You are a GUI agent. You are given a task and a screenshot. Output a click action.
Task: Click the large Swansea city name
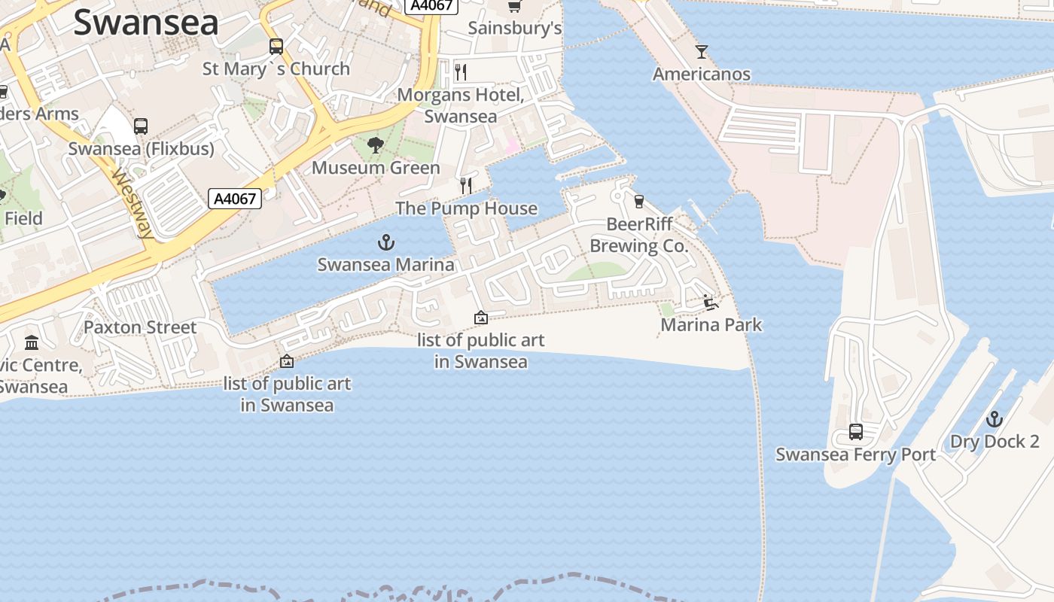146,23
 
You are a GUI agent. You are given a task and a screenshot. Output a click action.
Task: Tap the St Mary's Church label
276,68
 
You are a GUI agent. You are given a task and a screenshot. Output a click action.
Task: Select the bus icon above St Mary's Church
276,47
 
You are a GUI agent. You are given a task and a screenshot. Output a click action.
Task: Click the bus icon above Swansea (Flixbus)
141,126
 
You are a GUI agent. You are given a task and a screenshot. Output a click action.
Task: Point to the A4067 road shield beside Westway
236,199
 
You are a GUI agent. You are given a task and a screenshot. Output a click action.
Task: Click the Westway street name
133,204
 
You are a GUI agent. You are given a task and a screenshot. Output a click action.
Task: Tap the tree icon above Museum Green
375,145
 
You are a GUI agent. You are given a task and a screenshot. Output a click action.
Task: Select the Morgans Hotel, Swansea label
461,105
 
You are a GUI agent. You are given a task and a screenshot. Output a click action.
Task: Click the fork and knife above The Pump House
466,185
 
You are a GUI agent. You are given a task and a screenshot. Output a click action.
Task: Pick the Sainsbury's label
515,29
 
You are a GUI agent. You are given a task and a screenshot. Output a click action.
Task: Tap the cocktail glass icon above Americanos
702,52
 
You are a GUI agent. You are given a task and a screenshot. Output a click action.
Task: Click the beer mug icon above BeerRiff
639,201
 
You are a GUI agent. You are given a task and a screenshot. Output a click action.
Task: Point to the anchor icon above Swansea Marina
385,242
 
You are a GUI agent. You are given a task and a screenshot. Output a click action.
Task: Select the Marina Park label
711,325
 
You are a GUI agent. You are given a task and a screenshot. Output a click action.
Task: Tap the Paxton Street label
140,327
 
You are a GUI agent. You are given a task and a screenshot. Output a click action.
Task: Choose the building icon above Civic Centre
32,343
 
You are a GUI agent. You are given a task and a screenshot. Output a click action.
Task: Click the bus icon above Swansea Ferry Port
856,432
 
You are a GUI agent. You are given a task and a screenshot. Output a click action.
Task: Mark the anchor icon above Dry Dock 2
995,419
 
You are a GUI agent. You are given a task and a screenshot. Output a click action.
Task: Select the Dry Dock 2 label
995,442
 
